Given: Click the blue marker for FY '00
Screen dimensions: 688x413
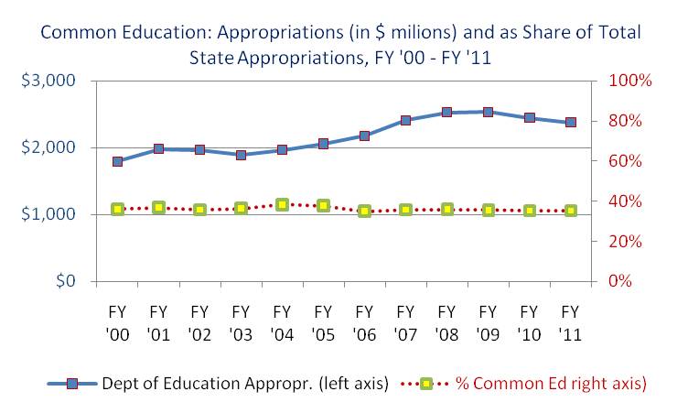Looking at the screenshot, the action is [117, 162].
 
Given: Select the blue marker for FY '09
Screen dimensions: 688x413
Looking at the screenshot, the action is [488, 112].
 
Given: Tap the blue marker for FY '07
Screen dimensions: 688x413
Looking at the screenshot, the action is [405, 120].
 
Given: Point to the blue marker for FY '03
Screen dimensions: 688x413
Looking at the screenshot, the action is [241, 155].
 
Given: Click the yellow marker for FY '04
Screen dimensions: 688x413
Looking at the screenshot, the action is [282, 204].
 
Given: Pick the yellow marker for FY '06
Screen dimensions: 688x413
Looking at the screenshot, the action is [364, 211].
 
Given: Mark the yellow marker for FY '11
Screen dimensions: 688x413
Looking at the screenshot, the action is [570, 211].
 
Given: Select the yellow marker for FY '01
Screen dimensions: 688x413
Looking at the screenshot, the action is [158, 207].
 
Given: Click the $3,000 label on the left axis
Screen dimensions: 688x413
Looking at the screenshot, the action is [48, 81].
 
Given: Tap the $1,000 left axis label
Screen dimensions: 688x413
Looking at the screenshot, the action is [48, 214].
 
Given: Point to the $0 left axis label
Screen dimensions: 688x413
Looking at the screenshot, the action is [66, 280].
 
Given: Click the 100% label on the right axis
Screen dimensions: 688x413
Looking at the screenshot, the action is [630, 81].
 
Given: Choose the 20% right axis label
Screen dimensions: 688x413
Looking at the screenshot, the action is [625, 241].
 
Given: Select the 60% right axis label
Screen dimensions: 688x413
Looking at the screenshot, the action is [625, 161].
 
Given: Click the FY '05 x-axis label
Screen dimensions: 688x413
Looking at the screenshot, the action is [323, 323].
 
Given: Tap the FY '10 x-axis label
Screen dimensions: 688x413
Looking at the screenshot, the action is [529, 323].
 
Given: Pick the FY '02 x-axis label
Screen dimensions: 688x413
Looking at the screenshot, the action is [199, 323].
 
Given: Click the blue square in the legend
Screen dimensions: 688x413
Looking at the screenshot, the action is [72, 384].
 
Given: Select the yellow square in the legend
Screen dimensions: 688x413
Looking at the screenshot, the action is [425, 384].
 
